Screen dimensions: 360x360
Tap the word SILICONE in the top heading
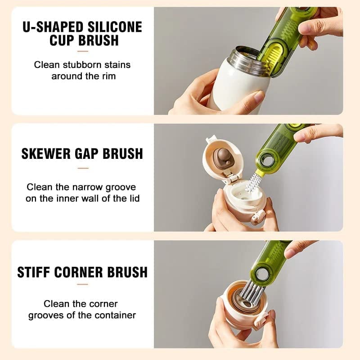[x=117, y=27]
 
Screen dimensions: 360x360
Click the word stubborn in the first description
[x=79, y=65]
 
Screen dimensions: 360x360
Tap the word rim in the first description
[x=108, y=76]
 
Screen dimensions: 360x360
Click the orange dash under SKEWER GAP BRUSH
[x=82, y=168]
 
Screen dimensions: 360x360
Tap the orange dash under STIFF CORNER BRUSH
[x=82, y=284]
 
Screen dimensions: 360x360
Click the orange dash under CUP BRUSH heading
[x=82, y=51]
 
